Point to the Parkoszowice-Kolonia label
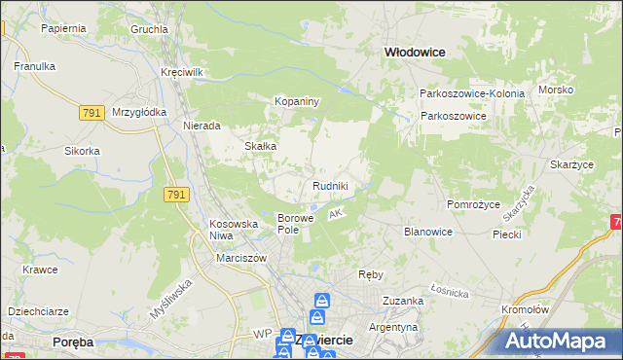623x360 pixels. point(472,93)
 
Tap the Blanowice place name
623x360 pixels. point(427,232)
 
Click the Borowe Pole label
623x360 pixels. point(296,223)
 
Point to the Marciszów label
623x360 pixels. point(241,258)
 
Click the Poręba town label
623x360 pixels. point(71,342)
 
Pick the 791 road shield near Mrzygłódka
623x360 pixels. point(92,114)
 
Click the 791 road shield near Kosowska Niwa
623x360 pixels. point(176,196)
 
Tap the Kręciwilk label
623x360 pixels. point(182,73)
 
